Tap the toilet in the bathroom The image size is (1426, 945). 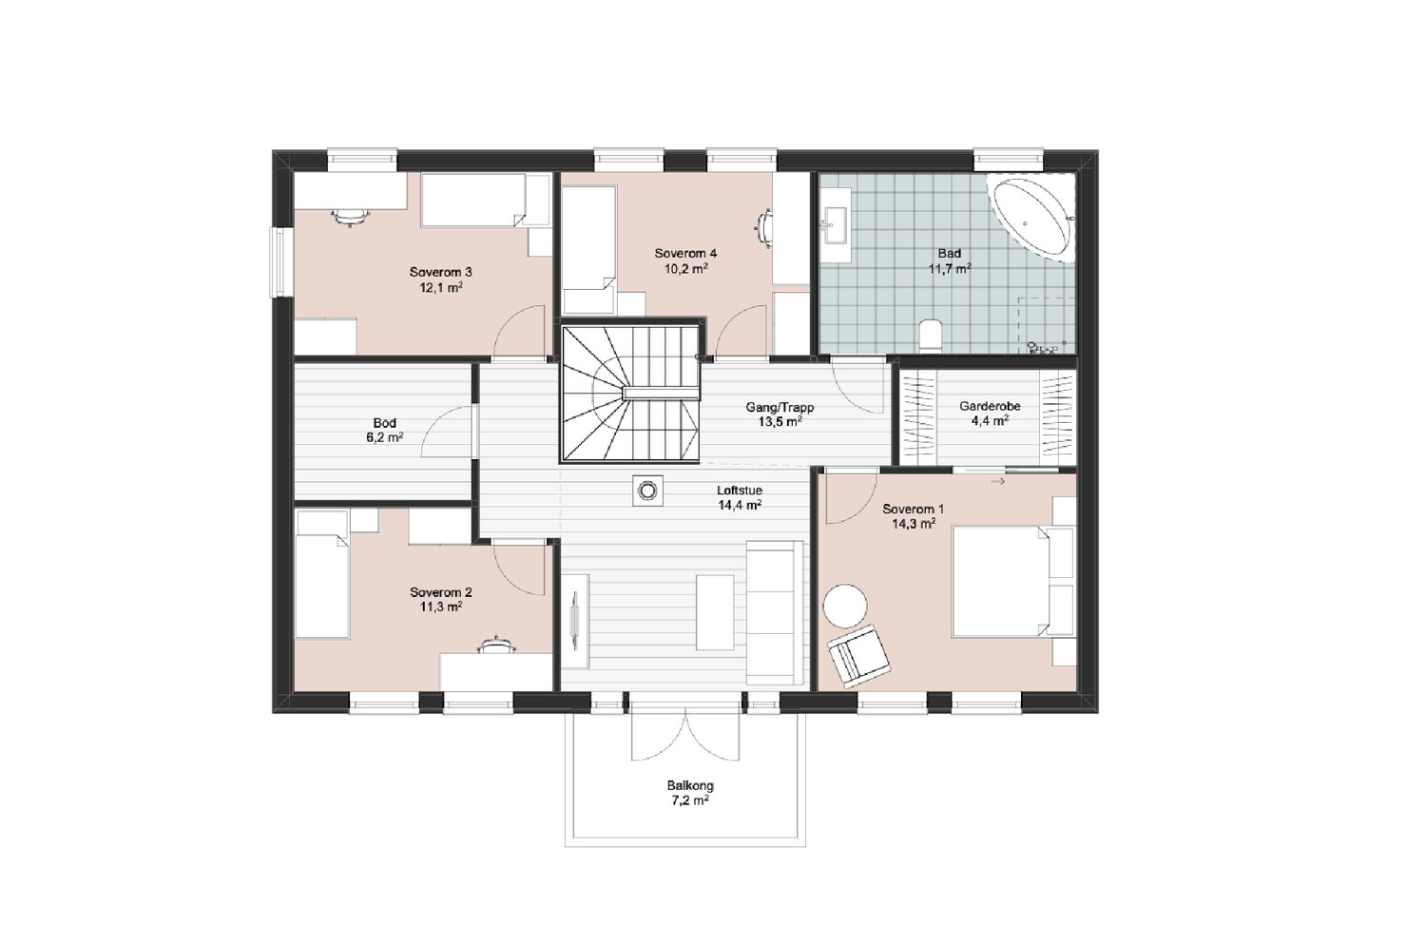click(932, 337)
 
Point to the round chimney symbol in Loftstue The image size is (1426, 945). click(648, 491)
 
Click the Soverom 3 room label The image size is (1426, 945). click(440, 273)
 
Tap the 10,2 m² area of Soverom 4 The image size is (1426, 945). click(686, 269)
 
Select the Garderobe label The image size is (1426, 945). click(990, 406)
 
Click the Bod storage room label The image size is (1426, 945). click(384, 423)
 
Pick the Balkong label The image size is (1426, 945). click(690, 785)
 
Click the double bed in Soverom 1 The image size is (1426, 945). click(1000, 582)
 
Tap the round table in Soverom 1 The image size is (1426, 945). click(844, 607)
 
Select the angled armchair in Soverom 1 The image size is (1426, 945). click(858, 655)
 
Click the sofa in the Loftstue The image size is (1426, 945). click(774, 612)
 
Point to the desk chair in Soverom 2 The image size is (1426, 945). click(496, 646)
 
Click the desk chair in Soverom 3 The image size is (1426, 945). click(350, 217)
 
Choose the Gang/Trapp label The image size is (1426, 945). click(780, 408)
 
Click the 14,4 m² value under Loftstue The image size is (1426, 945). click(740, 505)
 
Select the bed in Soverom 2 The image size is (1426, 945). click(323, 574)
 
